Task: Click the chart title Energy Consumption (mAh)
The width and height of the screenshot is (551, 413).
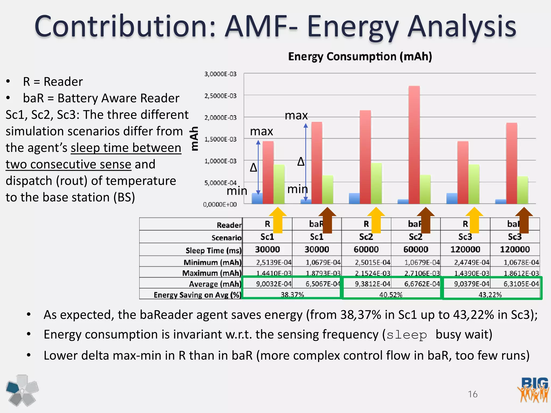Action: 360,57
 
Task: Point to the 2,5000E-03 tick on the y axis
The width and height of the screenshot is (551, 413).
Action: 220,96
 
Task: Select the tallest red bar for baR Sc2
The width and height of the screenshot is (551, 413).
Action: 414,145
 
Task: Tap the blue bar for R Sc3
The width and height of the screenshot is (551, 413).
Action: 452,198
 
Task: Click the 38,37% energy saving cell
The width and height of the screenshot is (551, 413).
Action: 292,295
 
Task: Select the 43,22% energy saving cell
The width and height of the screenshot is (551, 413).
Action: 490,295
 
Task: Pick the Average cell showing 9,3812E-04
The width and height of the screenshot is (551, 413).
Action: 372,284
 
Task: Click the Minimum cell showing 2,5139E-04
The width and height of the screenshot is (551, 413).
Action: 274,262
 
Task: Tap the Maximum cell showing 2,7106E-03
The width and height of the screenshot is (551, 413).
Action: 422,273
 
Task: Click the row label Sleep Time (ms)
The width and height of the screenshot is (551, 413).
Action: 213,250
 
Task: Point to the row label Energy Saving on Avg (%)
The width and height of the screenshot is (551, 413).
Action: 197,295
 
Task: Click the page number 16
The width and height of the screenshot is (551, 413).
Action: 472,394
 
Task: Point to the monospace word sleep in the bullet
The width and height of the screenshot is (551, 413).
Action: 407,335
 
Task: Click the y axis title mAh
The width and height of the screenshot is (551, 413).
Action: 194,138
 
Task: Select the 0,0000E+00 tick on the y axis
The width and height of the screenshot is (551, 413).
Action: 220,205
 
